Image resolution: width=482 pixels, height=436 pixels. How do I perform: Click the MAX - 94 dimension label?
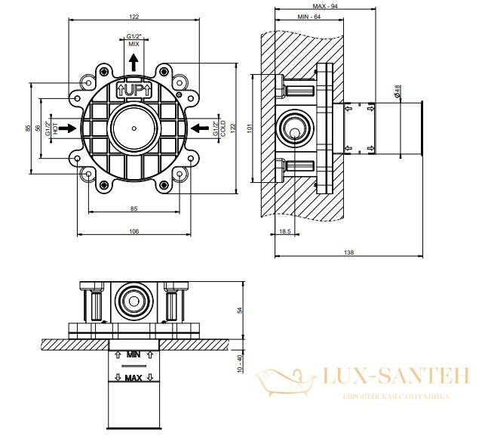(x=325, y=6)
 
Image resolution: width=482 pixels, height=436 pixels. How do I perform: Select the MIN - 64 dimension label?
(x=309, y=17)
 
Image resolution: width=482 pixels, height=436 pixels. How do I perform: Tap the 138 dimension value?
(x=348, y=252)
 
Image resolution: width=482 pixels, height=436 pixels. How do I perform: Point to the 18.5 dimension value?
(x=285, y=231)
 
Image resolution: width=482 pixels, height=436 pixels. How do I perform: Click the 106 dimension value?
(x=134, y=231)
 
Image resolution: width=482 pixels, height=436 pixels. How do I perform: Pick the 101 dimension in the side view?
(x=250, y=128)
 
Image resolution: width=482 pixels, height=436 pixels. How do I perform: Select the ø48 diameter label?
(x=397, y=91)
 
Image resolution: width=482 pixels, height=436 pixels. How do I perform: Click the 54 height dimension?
(x=240, y=310)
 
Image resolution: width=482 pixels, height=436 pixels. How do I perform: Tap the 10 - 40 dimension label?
(x=240, y=363)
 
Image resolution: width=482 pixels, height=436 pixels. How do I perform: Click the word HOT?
(x=55, y=128)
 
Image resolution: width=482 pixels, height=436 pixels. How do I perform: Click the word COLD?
(x=223, y=128)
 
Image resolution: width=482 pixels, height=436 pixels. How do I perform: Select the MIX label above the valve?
(x=134, y=44)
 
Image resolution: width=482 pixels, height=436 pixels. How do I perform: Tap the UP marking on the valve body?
(x=134, y=90)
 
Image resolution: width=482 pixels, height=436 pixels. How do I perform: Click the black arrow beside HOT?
(x=67, y=128)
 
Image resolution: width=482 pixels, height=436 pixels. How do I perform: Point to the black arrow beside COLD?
(x=200, y=128)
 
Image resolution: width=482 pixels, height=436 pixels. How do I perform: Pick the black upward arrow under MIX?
(x=134, y=63)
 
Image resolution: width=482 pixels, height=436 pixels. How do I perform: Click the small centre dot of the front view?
(x=134, y=128)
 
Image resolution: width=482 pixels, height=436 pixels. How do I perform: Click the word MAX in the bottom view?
(x=134, y=378)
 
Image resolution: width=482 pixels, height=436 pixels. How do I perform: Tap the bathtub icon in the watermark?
(x=285, y=381)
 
